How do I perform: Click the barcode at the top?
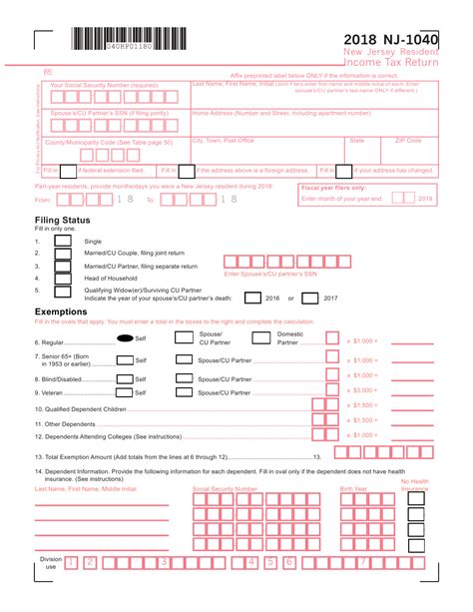tap(127, 40)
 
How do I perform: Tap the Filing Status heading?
tap(63, 220)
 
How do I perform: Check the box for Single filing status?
tap(63, 241)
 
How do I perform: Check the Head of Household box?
tap(63, 278)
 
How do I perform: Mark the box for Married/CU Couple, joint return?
tap(63, 254)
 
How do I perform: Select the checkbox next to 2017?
tap(309, 297)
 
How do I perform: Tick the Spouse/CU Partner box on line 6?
tap(184, 337)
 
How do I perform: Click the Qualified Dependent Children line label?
tap(81, 408)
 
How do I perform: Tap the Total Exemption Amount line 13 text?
tap(170, 455)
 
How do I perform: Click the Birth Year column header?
tap(353, 489)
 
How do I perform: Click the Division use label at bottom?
tap(50, 565)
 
